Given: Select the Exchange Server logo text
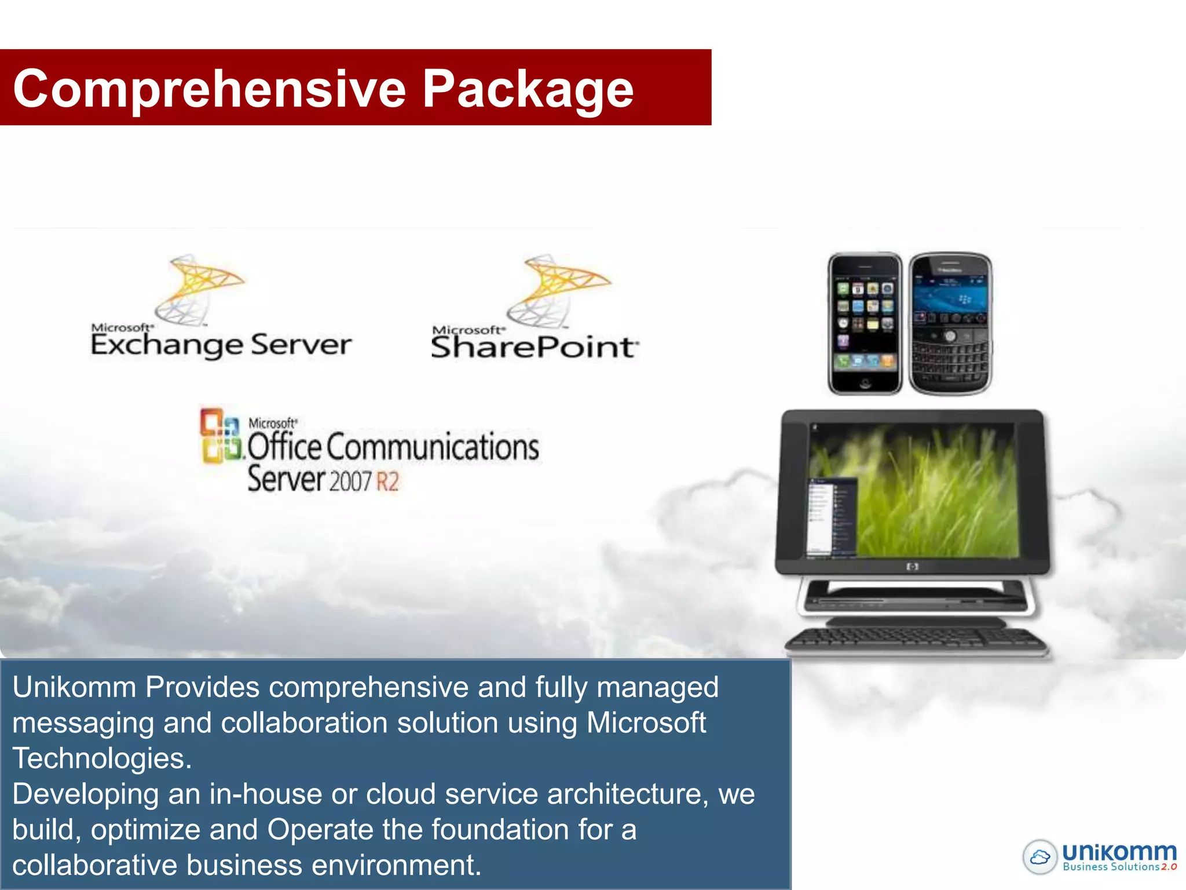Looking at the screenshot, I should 221,344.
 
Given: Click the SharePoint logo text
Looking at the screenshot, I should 534,346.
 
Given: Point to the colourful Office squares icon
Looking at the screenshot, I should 220,436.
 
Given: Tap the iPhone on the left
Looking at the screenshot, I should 865,323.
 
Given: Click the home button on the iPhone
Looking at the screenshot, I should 865,382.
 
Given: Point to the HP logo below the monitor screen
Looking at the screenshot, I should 913,567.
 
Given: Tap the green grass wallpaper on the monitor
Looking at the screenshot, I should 938,493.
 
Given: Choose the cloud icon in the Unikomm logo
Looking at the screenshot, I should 1040,857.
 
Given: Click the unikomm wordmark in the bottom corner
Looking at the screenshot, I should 1119,852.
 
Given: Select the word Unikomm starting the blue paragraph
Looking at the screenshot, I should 74,687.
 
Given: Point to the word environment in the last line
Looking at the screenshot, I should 392,865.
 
